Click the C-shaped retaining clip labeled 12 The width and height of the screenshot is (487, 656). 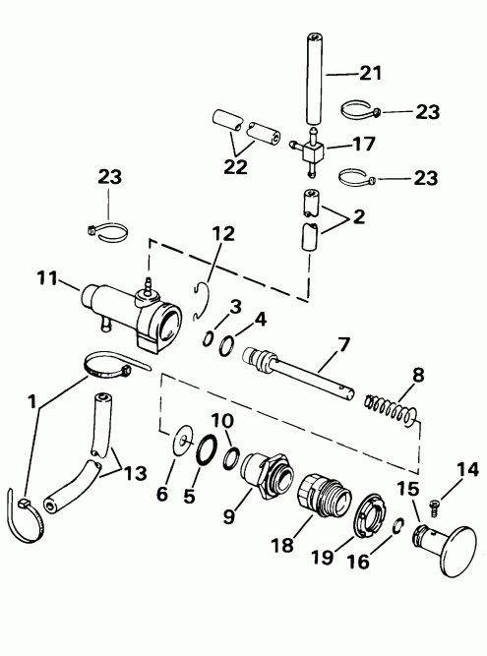[201, 300]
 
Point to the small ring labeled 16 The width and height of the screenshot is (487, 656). [396, 527]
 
